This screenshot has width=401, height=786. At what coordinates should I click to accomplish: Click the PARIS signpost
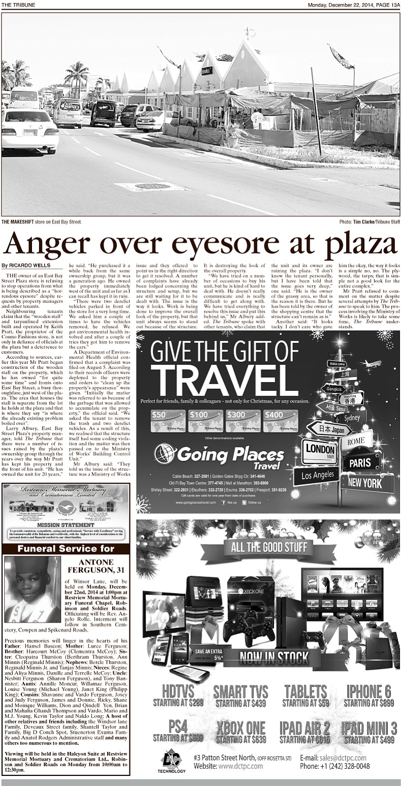(x=360, y=462)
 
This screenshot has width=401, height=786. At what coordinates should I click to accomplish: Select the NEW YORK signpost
(x=366, y=483)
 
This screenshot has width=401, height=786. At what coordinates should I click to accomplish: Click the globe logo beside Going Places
(x=165, y=454)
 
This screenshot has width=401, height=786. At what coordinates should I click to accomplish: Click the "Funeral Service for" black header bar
(x=66, y=549)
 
